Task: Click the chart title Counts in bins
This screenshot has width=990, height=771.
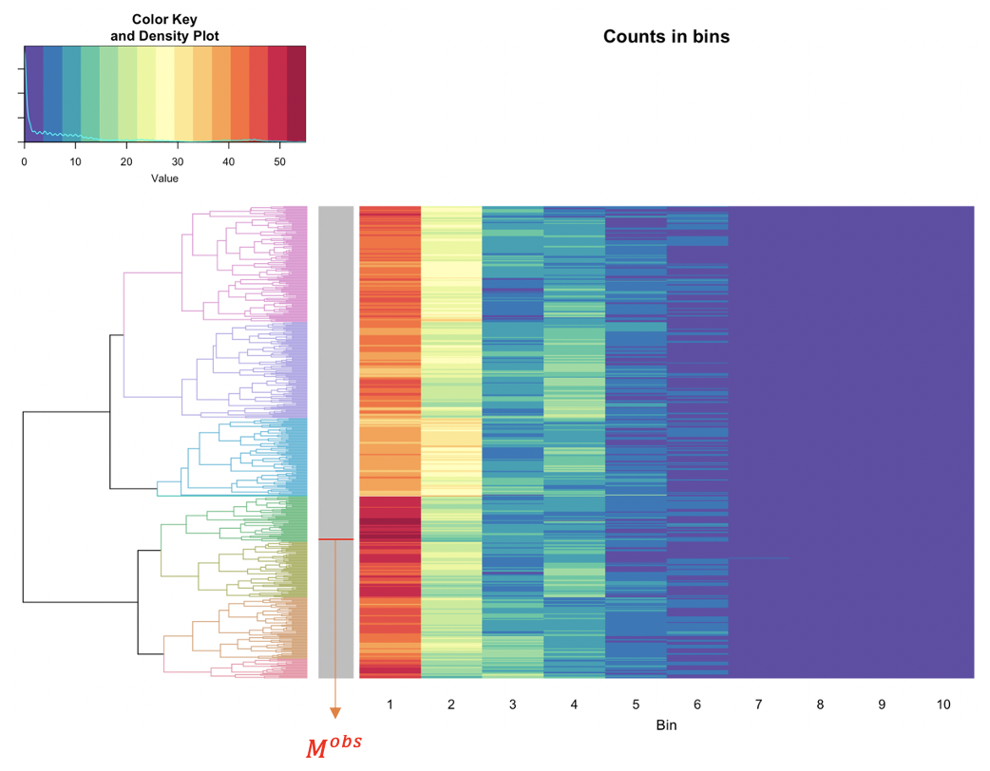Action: [x=666, y=37]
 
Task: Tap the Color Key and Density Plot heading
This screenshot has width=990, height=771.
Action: [x=164, y=28]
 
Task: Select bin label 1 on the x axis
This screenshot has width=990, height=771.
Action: [x=390, y=705]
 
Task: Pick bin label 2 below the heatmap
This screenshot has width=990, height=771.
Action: [x=451, y=705]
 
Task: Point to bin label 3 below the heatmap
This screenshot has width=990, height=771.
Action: [x=512, y=705]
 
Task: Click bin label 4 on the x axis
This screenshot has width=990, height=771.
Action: [x=574, y=705]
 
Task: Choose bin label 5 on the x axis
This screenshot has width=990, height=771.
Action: [x=636, y=705]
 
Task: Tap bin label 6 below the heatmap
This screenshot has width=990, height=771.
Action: [x=697, y=705]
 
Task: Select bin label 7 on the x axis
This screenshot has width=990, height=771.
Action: [x=758, y=705]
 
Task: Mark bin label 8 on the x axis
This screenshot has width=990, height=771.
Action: [x=820, y=705]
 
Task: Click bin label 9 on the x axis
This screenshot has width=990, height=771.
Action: [x=882, y=705]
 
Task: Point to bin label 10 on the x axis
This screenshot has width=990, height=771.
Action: [x=942, y=705]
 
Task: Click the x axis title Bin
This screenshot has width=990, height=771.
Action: [x=666, y=725]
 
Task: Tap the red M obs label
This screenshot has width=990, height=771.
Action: [x=333, y=746]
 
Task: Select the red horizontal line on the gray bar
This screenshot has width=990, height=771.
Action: [x=335, y=539]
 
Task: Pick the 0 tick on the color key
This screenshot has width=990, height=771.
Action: [x=24, y=162]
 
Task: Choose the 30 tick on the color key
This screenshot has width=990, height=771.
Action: [x=178, y=162]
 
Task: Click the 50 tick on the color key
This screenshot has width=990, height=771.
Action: [x=280, y=162]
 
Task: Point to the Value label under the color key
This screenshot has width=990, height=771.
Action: [x=164, y=178]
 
